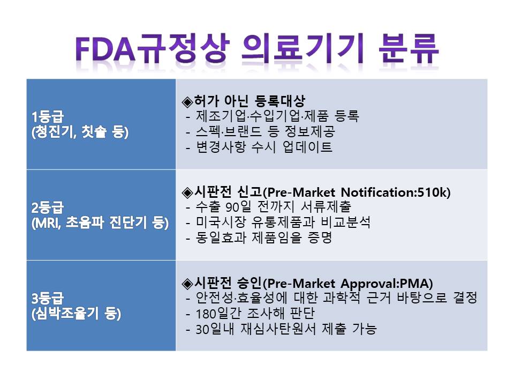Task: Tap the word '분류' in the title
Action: pyautogui.click(x=409, y=49)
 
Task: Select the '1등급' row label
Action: pyautogui.click(x=48, y=117)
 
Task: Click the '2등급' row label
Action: pyautogui.click(x=48, y=207)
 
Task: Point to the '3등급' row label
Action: pyautogui.click(x=48, y=299)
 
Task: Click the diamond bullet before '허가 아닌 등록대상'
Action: pyautogui.click(x=187, y=102)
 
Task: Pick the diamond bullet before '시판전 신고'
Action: pyautogui.click(x=187, y=192)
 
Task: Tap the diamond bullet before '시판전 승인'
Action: pyautogui.click(x=187, y=283)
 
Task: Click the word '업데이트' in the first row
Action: pyautogui.click(x=307, y=147)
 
